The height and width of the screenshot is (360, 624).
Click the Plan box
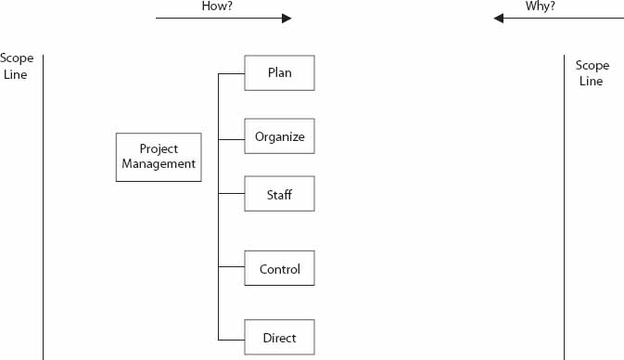(x=279, y=73)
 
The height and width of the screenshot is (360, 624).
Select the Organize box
(x=279, y=136)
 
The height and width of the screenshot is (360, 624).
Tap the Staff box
(x=279, y=194)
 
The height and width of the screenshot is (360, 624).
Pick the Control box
(x=279, y=269)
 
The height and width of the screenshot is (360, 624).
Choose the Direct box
(x=279, y=337)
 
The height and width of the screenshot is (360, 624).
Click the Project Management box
(x=159, y=157)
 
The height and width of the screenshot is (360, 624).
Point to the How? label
(x=216, y=6)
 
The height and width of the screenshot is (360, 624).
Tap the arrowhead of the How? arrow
(x=287, y=18)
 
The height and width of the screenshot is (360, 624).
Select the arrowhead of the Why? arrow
(x=499, y=18)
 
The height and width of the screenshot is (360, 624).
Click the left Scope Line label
(x=16, y=66)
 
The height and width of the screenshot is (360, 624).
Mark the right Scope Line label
(x=592, y=73)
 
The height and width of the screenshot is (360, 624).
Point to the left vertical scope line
(x=43, y=204)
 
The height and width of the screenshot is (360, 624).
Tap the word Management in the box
(x=159, y=164)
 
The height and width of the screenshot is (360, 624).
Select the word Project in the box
(x=159, y=149)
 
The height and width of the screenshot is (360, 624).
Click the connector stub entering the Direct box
(x=231, y=337)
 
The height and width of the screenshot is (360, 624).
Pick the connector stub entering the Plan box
(x=231, y=73)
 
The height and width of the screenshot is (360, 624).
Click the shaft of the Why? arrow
(x=566, y=18)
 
